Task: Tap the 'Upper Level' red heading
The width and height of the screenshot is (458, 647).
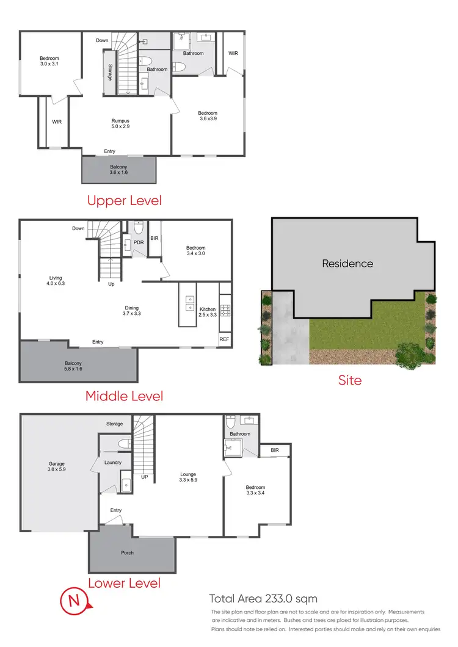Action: pyautogui.click(x=125, y=200)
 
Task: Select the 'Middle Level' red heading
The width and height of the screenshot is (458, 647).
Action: pyautogui.click(x=124, y=396)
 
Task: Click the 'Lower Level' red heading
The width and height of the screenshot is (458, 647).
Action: pyautogui.click(x=124, y=583)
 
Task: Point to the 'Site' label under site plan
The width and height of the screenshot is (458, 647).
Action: pyautogui.click(x=350, y=380)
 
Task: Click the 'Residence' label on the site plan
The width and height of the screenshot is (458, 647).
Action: pyautogui.click(x=347, y=264)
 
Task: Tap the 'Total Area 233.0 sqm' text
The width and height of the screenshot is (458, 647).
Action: pyautogui.click(x=263, y=599)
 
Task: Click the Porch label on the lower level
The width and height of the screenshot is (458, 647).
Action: pyautogui.click(x=128, y=553)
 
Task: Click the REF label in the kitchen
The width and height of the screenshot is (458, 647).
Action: pyautogui.click(x=224, y=338)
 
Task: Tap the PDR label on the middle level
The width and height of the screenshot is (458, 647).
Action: pyautogui.click(x=139, y=242)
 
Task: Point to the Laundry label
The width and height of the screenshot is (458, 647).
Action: pyautogui.click(x=113, y=463)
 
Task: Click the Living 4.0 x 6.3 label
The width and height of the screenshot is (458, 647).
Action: pyautogui.click(x=56, y=281)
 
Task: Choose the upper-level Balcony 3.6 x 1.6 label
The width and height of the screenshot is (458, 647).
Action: pyautogui.click(x=119, y=170)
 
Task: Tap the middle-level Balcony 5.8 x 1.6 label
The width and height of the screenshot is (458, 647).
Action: pyautogui.click(x=73, y=366)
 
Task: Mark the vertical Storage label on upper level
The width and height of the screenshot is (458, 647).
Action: pyautogui.click(x=110, y=73)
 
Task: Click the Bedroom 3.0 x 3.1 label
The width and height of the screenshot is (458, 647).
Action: pyautogui.click(x=49, y=61)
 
